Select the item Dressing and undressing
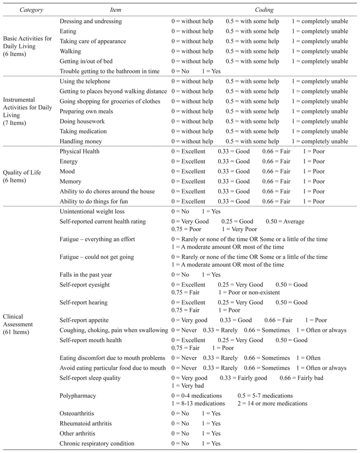pos(91,22)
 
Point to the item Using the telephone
pos(85,81)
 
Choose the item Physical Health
pos(80,151)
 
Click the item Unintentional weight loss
pos(92,212)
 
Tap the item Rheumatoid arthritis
pos(85,424)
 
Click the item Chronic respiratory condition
pos(97,443)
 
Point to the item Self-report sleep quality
pos(90,378)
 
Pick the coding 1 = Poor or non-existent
pos(254,292)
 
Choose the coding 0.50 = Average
pos(285,221)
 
